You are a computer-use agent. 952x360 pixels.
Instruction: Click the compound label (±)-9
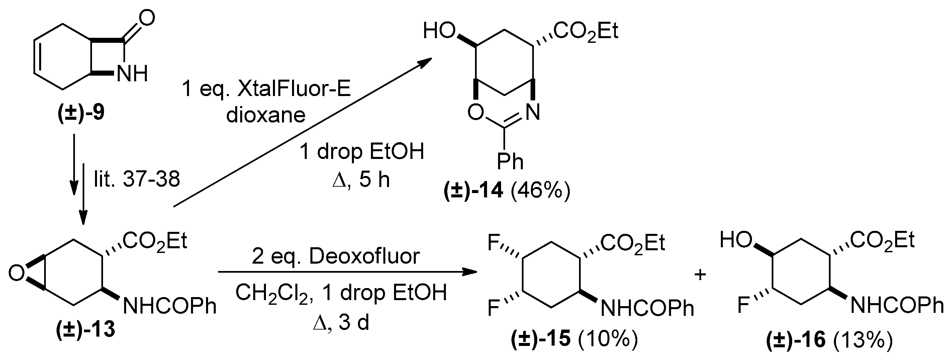[x=81, y=113]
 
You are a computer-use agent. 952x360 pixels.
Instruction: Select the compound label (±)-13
[x=86, y=329]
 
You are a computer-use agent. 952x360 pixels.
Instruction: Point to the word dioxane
[x=266, y=115]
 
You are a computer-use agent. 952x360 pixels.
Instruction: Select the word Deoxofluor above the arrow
[x=364, y=256]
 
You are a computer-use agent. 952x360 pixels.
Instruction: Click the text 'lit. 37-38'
[x=137, y=179]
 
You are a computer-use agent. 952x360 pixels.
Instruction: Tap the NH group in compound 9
[x=132, y=74]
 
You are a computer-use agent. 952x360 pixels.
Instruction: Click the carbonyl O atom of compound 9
[x=147, y=18]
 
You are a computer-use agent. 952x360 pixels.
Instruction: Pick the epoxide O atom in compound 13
[x=16, y=273]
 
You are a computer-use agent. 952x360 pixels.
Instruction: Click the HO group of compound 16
[x=736, y=241]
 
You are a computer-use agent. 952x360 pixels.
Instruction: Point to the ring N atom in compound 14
[x=533, y=112]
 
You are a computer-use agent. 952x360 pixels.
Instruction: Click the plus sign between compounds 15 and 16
[x=700, y=274]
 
